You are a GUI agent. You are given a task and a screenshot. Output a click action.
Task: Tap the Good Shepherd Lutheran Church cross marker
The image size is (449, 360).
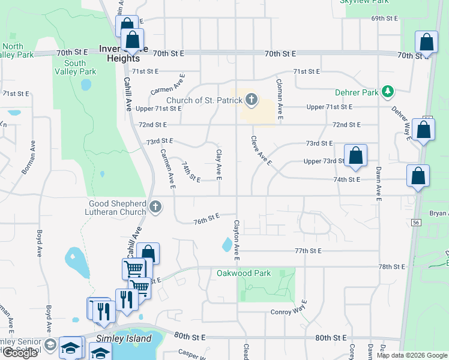(x=155, y=208)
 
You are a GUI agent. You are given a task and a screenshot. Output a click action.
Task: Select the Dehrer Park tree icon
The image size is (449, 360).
(x=389, y=92)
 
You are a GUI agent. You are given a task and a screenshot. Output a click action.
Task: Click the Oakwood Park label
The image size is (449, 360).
(x=244, y=273)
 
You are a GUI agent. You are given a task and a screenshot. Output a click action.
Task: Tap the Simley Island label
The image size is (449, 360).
(x=124, y=339)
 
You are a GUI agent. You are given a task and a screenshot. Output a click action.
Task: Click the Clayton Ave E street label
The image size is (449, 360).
(x=237, y=240)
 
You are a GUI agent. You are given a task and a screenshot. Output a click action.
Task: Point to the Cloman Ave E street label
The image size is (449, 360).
(x=280, y=100)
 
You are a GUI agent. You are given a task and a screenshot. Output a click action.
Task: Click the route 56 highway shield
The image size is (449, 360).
(x=415, y=222)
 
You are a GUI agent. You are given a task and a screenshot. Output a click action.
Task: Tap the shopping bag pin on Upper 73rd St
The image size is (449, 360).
(x=355, y=155)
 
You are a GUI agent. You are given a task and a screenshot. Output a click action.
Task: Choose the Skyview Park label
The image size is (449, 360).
(x=364, y=2)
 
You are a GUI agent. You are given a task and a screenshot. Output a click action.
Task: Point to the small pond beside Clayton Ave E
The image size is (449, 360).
(x=227, y=244)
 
